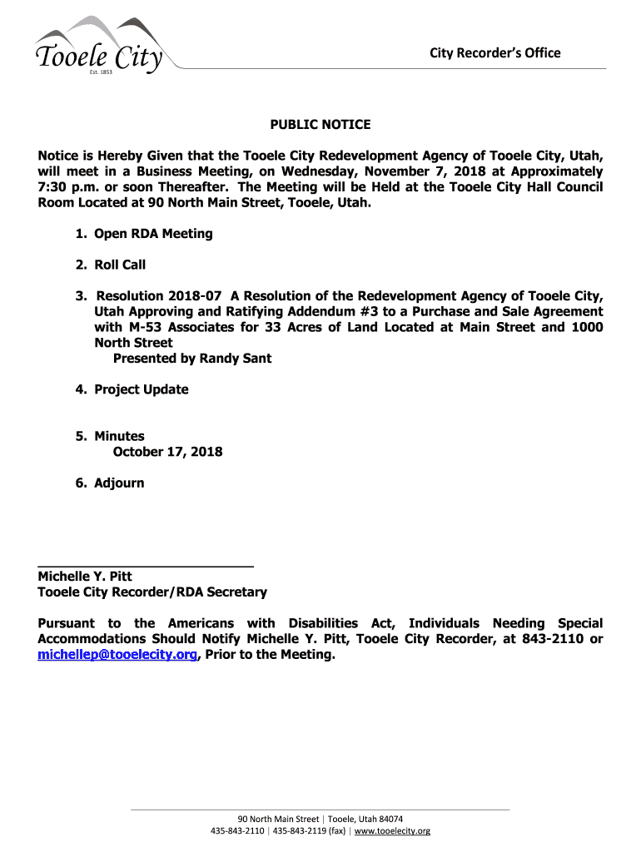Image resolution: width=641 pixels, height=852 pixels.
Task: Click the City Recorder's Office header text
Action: [x=494, y=53]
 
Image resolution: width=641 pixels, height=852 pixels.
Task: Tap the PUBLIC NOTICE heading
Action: [x=320, y=125]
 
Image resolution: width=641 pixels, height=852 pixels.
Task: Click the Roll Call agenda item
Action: [x=120, y=265]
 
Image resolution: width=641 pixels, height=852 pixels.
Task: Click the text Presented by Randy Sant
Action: [x=192, y=359]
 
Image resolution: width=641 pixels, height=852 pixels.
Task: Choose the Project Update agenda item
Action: [x=142, y=389]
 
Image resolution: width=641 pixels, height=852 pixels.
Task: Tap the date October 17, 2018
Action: [x=167, y=452]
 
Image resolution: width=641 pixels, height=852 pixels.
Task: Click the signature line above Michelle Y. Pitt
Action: [x=146, y=567]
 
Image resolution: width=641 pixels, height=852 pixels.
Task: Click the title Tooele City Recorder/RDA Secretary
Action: [x=152, y=592]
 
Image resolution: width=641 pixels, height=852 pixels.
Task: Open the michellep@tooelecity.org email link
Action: [x=117, y=655]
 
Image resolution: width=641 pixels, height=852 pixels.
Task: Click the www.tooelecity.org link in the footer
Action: [x=393, y=831]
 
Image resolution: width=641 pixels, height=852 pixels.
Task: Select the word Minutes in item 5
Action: [x=119, y=436]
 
